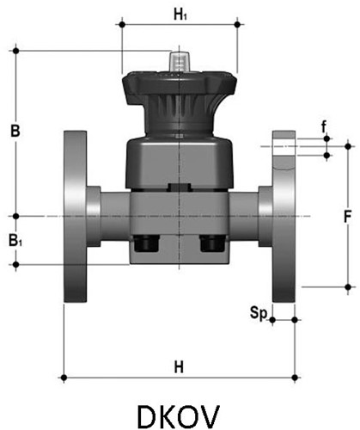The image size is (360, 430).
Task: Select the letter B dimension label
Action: point(15,132)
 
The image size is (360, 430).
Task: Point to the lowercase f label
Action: point(324,127)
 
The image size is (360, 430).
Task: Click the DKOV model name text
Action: point(179,408)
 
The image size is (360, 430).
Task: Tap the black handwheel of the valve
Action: point(179,86)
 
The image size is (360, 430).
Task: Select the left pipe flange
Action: point(76,215)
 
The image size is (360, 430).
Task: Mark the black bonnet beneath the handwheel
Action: point(179,120)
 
